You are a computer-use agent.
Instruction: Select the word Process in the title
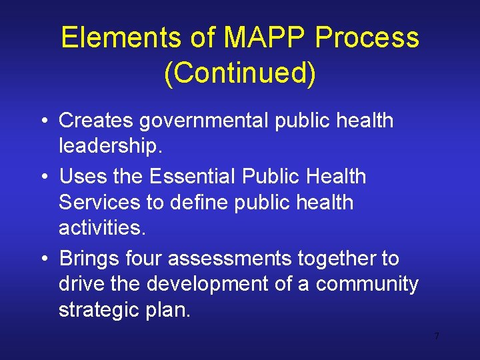tap(367, 38)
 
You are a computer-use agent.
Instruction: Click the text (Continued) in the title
tap(239, 73)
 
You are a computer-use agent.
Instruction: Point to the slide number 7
tap(436, 336)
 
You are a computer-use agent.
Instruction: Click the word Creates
tap(97, 121)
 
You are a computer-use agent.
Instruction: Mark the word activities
tap(101, 227)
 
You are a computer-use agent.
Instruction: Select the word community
tap(367, 283)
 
